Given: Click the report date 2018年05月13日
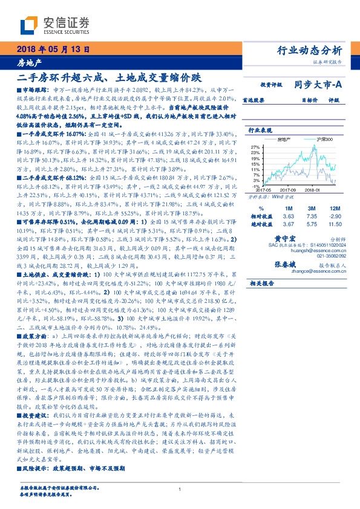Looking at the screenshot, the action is (53, 50).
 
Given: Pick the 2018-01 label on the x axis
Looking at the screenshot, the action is (312, 191).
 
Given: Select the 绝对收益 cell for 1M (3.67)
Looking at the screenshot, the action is (288, 224).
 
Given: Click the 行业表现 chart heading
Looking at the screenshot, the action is (261, 130).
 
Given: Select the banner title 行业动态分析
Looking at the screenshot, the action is (313, 50).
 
